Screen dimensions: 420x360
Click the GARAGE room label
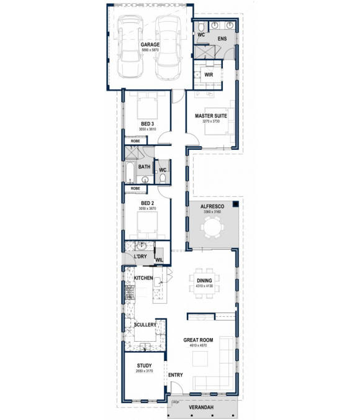point(150,45)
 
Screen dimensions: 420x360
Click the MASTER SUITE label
point(211,116)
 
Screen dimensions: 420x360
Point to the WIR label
point(209,75)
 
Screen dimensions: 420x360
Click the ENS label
point(222,39)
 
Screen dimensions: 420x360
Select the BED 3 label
point(147,124)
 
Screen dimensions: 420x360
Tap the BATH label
point(144,167)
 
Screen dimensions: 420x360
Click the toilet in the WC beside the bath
point(163,178)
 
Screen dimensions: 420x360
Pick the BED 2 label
point(147,203)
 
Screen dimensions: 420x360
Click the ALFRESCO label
point(212,207)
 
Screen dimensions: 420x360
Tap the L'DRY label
point(141,257)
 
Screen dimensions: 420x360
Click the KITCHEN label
point(143,278)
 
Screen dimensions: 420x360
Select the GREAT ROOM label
point(199,340)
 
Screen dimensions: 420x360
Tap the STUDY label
point(144,366)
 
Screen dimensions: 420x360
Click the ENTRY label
point(176,375)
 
